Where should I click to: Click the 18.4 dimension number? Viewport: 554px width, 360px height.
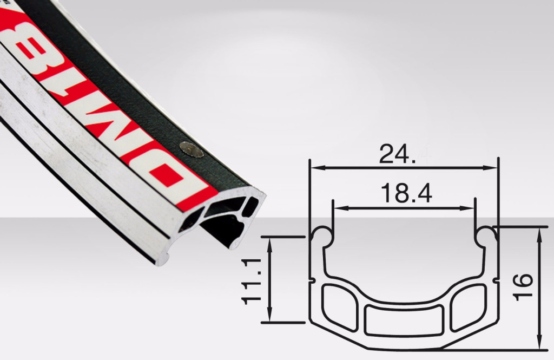(406, 193)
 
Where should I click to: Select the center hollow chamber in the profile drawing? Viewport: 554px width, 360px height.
(404, 319)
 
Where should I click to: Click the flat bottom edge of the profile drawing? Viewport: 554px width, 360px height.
(404, 347)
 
